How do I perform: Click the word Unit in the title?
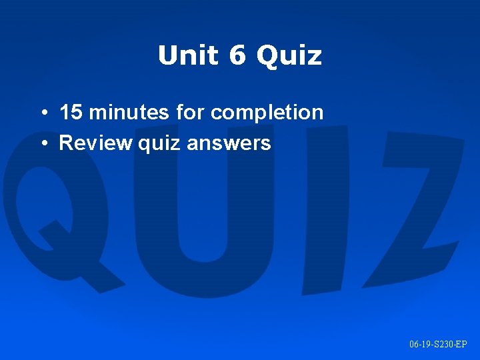point(188,56)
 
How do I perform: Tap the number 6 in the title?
point(237,56)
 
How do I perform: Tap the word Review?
point(96,143)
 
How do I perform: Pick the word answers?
point(229,143)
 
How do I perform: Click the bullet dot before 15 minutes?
point(42,113)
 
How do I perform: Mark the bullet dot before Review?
point(42,143)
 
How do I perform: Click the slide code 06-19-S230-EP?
point(438,344)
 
